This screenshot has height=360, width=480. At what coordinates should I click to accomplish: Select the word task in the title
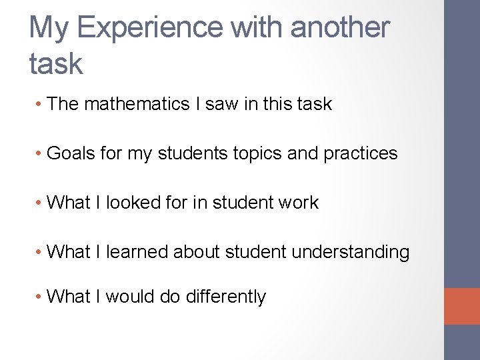(x=56, y=64)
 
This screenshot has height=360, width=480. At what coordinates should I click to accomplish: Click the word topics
(x=259, y=153)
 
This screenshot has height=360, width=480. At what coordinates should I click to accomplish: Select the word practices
(x=361, y=154)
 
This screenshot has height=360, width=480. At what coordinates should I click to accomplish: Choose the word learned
(x=137, y=252)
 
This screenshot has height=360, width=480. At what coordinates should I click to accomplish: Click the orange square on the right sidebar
(x=462, y=306)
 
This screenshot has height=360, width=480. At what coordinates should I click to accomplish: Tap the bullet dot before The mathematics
(x=40, y=105)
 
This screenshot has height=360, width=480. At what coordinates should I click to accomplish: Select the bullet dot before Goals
(x=40, y=154)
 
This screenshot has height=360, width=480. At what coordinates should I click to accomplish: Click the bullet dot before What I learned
(x=40, y=253)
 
